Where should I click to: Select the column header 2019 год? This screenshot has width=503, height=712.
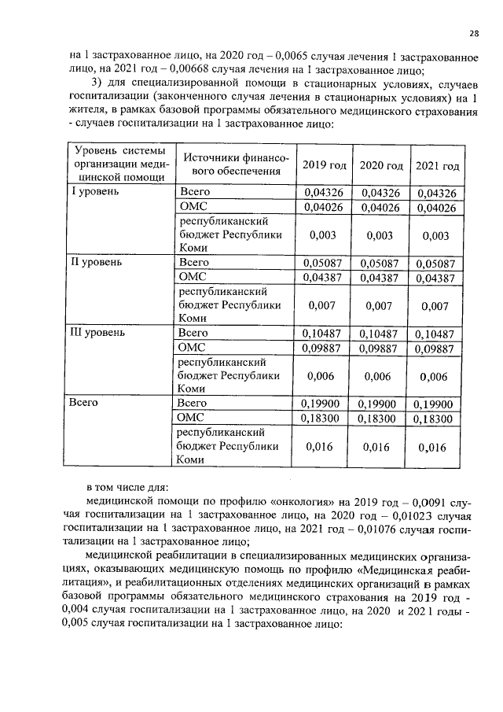click(324, 165)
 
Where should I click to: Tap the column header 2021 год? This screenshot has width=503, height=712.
click(436, 165)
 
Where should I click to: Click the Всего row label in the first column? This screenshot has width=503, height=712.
click(83, 403)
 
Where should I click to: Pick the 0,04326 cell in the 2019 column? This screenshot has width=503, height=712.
click(324, 192)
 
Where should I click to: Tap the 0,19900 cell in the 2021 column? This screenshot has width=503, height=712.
click(436, 404)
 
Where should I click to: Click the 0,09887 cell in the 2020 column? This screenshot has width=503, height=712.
click(380, 348)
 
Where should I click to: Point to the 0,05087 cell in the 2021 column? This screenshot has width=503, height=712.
click(436, 264)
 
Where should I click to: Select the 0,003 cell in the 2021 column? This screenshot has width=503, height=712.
click(436, 235)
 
